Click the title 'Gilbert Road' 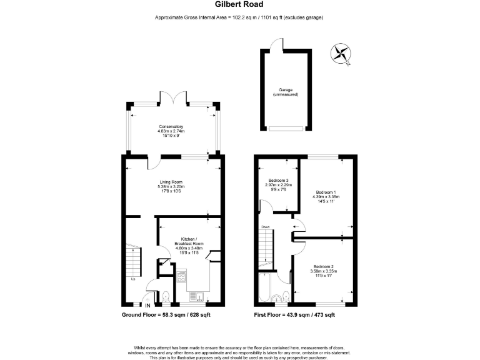(239, 5)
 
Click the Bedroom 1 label (326, 196)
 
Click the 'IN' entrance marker (148, 306)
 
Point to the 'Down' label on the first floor (266, 227)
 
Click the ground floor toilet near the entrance (166, 297)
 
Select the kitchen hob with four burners (181, 276)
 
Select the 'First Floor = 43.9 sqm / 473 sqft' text (294, 315)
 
